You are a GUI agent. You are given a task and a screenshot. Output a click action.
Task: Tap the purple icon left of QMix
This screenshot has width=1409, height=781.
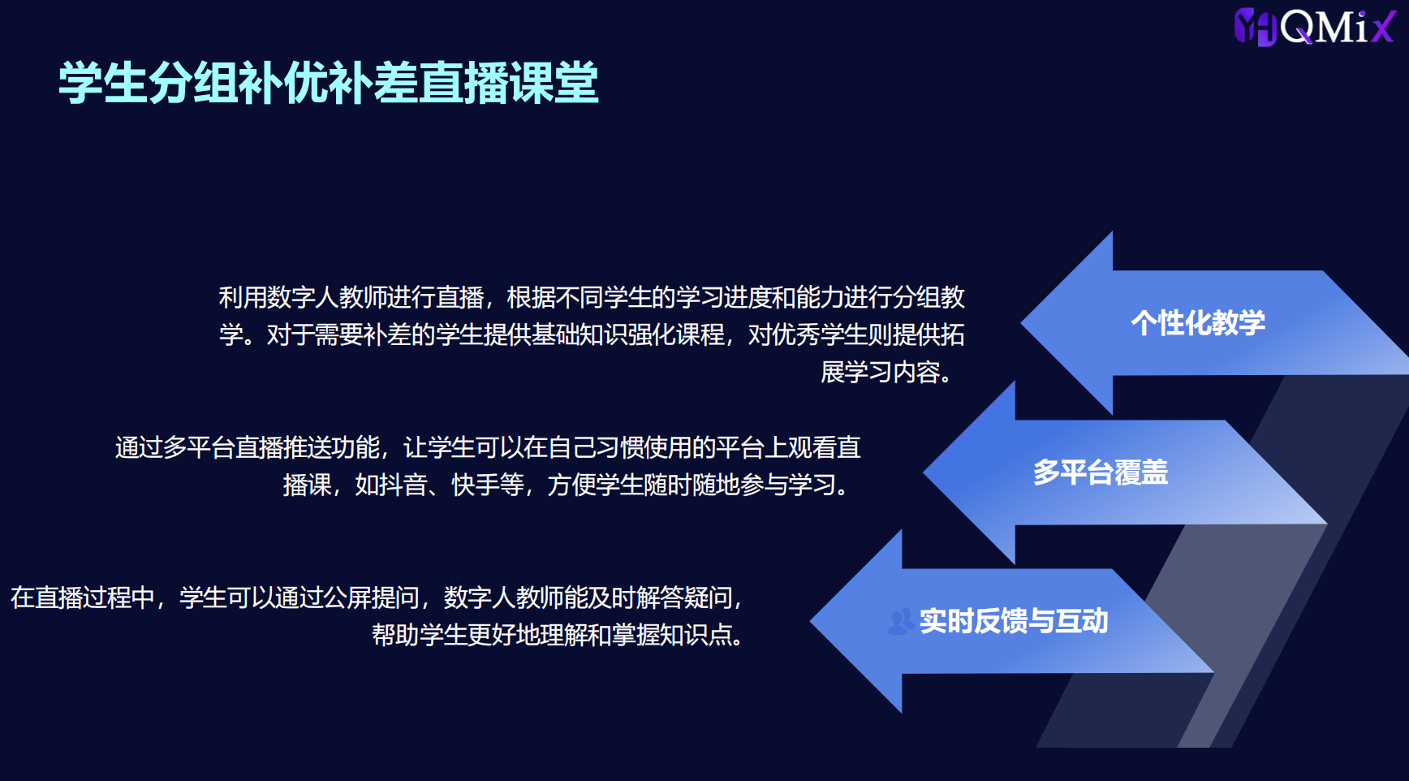coord(1256,27)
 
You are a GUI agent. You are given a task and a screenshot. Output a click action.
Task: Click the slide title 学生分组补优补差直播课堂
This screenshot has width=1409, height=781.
coord(329,83)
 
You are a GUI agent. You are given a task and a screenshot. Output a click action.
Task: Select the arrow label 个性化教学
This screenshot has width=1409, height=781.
coord(1198,323)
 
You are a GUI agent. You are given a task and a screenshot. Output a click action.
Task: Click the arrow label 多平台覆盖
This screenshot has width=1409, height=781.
coord(1101,472)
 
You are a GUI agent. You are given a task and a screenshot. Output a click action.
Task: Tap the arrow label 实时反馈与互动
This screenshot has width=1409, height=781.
coord(1014,622)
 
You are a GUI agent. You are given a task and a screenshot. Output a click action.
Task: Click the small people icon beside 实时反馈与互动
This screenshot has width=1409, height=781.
coord(901,622)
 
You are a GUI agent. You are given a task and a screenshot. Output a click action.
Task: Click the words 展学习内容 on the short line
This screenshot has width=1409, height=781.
coord(881,373)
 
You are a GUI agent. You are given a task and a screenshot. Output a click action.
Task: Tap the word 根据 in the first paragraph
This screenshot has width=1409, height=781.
coord(531,298)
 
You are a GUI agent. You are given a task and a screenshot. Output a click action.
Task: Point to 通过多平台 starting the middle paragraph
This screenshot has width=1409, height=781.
coord(175,448)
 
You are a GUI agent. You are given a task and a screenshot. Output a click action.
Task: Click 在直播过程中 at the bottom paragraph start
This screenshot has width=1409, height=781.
coord(83,598)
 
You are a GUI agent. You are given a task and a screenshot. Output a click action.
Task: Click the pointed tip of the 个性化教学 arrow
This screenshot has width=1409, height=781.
coord(1022,323)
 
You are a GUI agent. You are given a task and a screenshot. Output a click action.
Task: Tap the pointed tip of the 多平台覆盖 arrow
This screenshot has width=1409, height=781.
coord(924,472)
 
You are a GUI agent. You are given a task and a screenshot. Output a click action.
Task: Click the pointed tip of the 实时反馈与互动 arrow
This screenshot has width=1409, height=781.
coord(812,622)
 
